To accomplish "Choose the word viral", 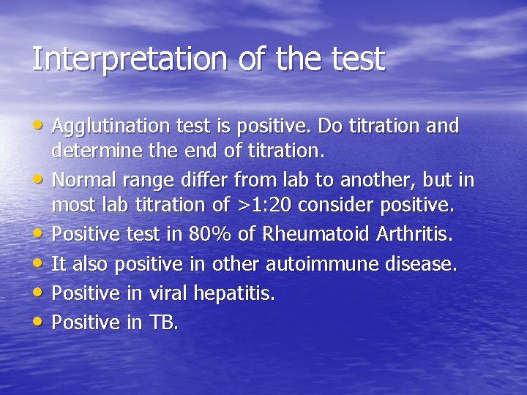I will click(x=168, y=293).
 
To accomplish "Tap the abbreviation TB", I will click(x=163, y=323).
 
